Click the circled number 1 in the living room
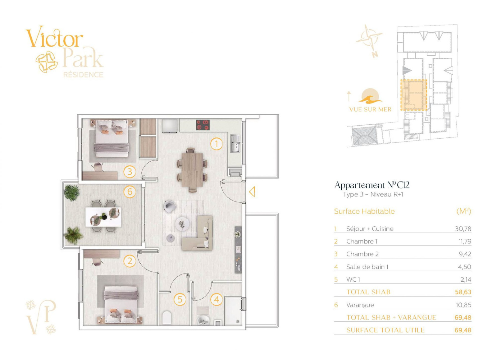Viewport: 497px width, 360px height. tap(216, 144)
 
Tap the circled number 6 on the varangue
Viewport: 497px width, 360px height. tap(130, 192)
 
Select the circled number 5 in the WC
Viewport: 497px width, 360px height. tap(180, 299)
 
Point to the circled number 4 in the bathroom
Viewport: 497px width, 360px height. tap(217, 299)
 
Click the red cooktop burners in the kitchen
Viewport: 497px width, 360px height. tap(203, 125)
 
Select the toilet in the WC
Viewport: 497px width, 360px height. tap(167, 318)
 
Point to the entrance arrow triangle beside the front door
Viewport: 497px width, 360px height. tap(252, 192)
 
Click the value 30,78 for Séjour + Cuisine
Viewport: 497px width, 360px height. tap(463, 229)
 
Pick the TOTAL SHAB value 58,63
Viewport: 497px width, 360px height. tap(463, 292)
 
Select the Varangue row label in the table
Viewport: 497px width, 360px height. tap(360, 305)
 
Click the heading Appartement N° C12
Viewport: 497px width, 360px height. tap(372, 185)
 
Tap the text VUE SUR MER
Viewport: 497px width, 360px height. tap(370, 109)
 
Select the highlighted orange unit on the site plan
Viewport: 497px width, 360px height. tap(414, 95)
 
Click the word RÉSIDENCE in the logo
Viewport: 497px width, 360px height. tap(84, 75)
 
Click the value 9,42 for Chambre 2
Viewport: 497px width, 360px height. tap(465, 254)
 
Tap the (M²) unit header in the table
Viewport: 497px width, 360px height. tap(464, 211)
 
